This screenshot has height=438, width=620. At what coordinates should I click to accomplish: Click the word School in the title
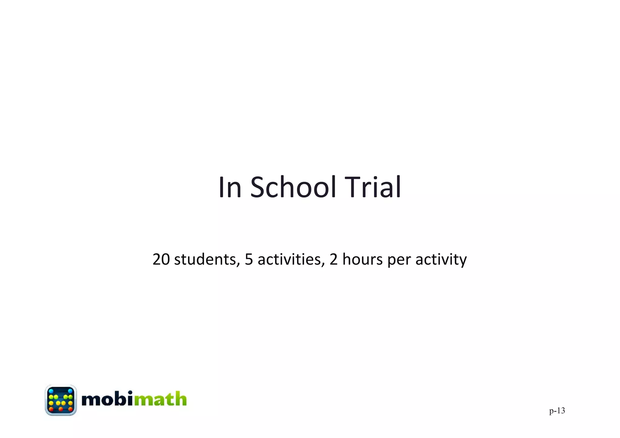click(293, 187)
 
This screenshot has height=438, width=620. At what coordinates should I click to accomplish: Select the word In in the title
click(230, 187)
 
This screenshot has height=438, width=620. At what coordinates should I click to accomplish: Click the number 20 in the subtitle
click(161, 259)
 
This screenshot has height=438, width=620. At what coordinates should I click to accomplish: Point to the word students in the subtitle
click(206, 259)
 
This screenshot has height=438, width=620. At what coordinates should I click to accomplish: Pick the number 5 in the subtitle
click(249, 259)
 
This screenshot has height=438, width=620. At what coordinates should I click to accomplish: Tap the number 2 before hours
click(334, 259)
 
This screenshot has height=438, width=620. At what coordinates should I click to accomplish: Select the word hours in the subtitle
click(362, 259)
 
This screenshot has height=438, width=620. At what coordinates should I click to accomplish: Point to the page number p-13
click(557, 410)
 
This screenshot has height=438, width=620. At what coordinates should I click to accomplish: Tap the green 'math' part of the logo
click(160, 399)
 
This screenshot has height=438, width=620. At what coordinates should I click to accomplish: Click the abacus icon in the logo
click(61, 400)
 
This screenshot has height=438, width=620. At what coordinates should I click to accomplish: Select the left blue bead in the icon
click(51, 391)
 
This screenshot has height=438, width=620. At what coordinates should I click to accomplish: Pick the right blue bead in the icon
click(70, 391)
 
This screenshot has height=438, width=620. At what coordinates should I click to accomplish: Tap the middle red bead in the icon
click(61, 409)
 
